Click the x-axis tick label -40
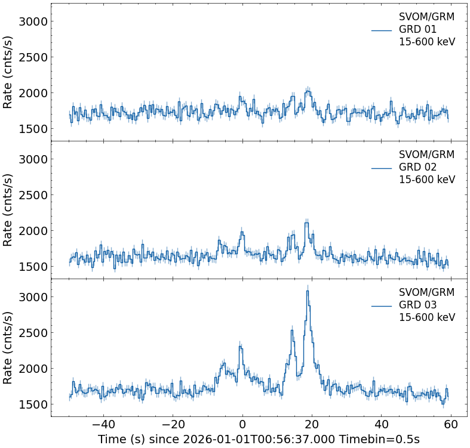tap(103, 425)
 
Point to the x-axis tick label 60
tap(451, 425)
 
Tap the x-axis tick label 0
tap(242, 425)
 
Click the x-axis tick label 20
tap(312, 425)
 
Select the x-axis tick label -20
tap(173, 425)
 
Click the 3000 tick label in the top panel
tap(34, 21)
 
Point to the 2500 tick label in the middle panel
tap(34, 195)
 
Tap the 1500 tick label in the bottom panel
tap(34, 404)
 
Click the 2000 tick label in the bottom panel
tap(34, 369)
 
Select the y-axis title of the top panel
tap(8, 72)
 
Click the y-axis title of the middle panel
tap(8, 210)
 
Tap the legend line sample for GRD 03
tap(381, 305)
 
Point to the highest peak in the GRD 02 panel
tap(306, 223)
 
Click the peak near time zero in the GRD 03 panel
tap(240, 346)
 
